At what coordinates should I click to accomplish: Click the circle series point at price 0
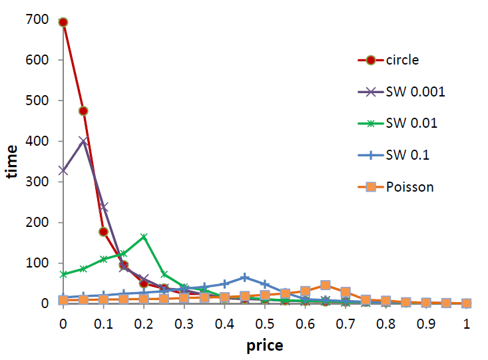coord(63,22)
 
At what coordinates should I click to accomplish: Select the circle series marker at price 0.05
coord(83,110)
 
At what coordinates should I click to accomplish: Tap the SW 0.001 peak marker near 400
coord(83,141)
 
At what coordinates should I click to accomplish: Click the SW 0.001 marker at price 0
coord(63,170)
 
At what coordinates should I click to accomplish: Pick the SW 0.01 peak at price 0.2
coord(144,237)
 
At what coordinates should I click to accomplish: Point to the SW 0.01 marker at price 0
coord(63,274)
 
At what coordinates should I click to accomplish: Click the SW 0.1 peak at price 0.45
coord(245,277)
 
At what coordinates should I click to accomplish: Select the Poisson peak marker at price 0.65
coord(326,285)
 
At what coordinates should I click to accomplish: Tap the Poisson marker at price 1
coord(467,303)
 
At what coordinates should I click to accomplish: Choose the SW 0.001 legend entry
coord(414,92)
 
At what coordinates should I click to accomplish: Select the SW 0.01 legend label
coord(411,124)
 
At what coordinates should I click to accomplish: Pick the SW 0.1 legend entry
coord(407,155)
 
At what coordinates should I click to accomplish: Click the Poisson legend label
coord(409,187)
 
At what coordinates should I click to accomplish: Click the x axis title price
coord(265,345)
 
